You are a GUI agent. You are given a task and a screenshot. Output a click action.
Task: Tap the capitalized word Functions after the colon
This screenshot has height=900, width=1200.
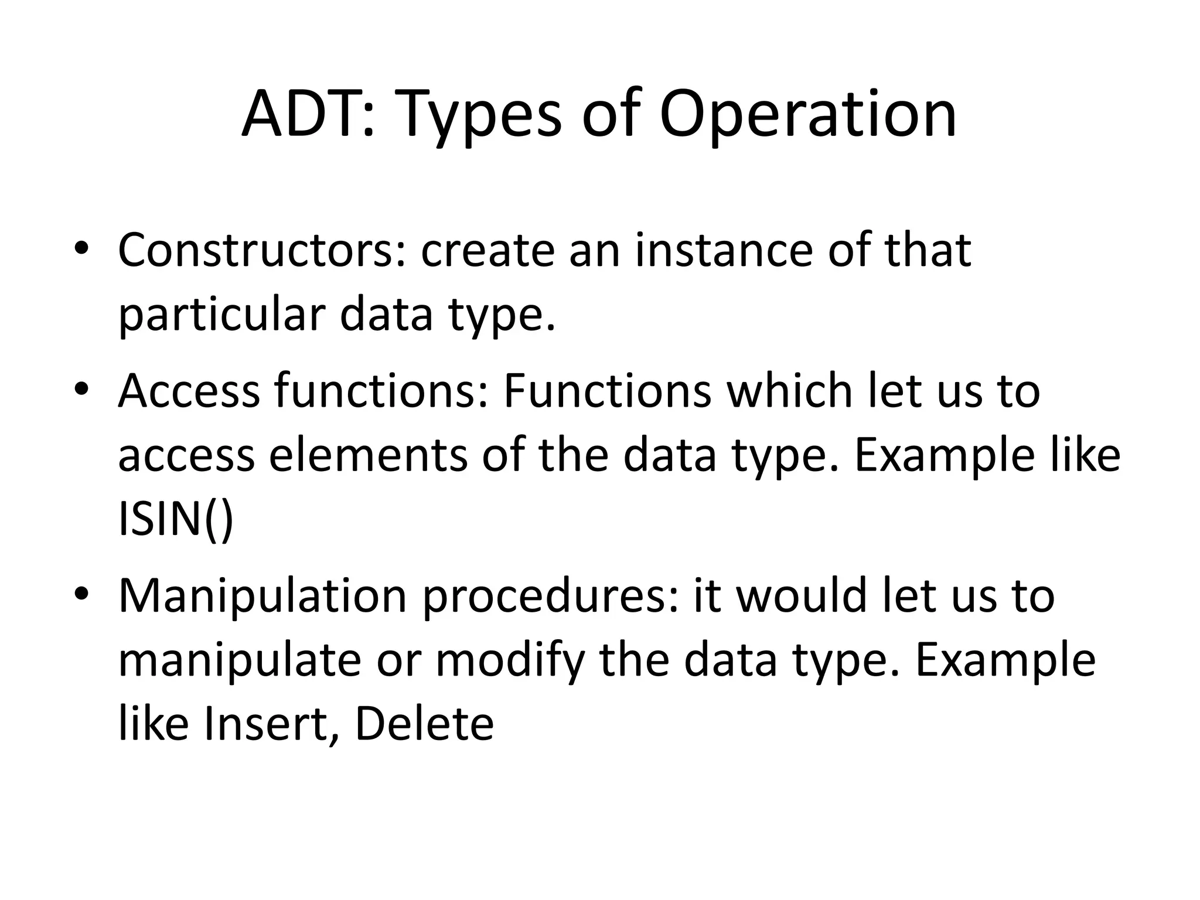pos(607,391)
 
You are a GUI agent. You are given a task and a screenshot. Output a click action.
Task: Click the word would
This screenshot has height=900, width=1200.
pos(800,596)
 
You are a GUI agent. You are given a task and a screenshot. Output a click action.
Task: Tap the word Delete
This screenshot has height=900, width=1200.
pos(424,725)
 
